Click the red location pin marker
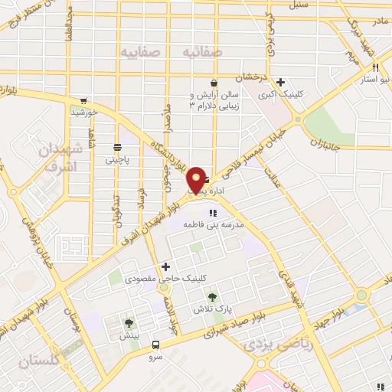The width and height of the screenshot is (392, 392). click(198, 178)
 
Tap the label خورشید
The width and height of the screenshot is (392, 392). click(84, 113)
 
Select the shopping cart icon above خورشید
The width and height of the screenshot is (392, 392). click(83, 100)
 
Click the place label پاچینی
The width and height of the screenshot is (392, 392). click(117, 160)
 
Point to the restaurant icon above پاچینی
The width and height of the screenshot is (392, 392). click(117, 148)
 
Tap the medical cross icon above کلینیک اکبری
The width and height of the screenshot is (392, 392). click(281, 82)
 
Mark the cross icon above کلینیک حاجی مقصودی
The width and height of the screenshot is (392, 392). click(165, 266)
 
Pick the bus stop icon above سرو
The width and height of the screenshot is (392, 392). click(156, 345)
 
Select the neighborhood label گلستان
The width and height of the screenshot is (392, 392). click(34, 359)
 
